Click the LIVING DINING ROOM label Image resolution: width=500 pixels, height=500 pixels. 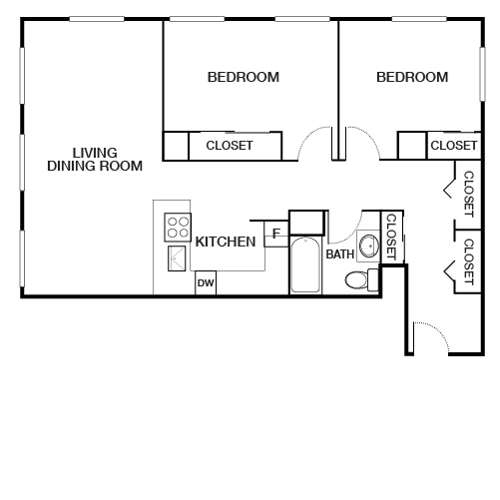(x=95, y=160)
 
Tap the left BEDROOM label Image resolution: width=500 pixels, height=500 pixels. (x=243, y=77)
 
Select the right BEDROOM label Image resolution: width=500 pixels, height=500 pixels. (x=412, y=77)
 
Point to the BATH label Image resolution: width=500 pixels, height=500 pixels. (x=340, y=254)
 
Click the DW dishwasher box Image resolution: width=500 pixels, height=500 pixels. (x=206, y=283)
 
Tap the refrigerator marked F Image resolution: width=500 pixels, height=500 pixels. (x=275, y=236)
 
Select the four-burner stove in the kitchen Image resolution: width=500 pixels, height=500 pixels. (x=178, y=228)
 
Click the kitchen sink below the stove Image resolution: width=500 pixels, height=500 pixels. (x=178, y=257)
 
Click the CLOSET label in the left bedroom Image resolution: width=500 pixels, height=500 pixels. (x=230, y=146)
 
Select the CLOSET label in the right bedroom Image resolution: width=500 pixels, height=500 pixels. (x=453, y=146)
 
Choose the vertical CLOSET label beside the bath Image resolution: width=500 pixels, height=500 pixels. (x=391, y=237)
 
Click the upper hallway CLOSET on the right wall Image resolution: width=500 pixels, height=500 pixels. (x=468, y=193)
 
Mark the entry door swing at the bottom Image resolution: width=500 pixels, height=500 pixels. (x=427, y=335)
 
